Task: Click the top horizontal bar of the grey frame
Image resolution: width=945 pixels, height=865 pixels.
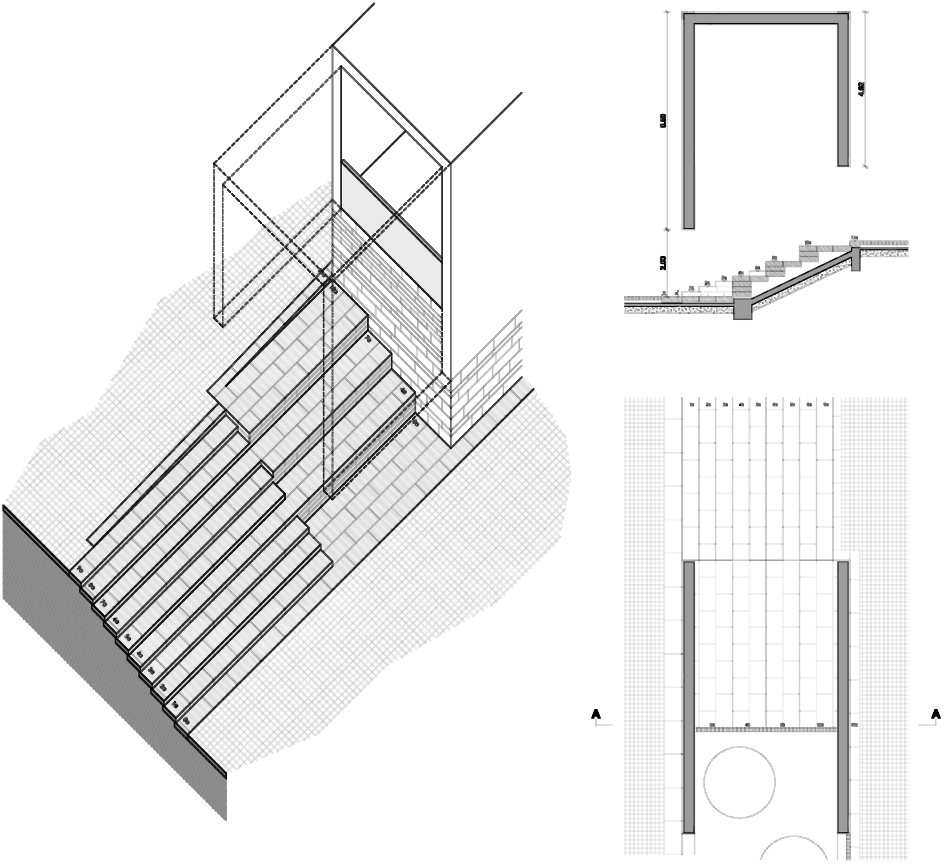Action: point(766,19)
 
